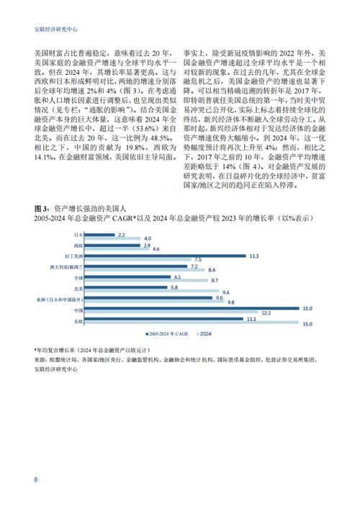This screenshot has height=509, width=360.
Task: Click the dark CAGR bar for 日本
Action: (x=100, y=235)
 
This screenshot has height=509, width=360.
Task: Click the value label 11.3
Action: (x=253, y=256)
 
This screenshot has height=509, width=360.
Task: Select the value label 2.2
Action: (x=122, y=235)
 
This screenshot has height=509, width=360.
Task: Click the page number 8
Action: (x=35, y=480)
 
